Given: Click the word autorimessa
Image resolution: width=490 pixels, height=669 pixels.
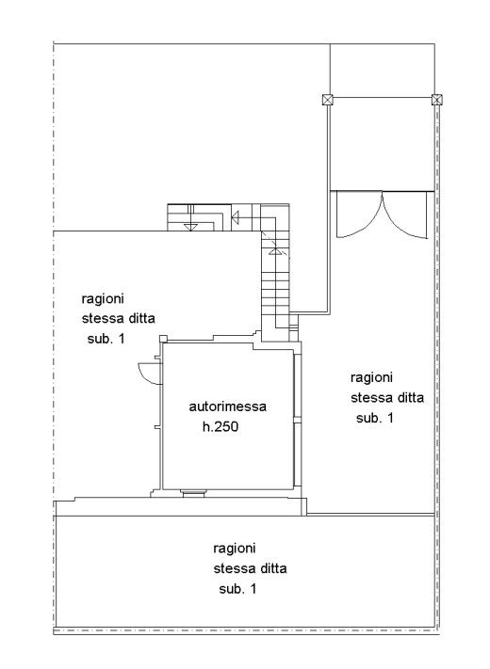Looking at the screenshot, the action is [227, 406].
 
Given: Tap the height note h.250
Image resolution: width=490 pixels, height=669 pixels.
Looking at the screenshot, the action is [220, 426].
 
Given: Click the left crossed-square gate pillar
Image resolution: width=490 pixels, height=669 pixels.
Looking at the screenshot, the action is [328, 100].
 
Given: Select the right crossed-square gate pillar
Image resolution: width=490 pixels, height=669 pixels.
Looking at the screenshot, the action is [436, 100].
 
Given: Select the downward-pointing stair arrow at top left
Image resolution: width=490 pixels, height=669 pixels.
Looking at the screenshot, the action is [190, 226].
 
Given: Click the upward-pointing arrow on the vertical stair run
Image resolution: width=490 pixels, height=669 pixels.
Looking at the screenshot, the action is [275, 251].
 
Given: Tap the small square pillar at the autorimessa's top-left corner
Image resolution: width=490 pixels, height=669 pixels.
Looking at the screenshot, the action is [163, 339].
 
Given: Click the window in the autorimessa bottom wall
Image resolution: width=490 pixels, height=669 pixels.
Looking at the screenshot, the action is [193, 494].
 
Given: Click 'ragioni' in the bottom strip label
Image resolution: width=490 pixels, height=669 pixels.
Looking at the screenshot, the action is [234, 549].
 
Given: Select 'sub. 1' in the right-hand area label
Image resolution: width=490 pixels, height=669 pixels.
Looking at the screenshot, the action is [375, 418].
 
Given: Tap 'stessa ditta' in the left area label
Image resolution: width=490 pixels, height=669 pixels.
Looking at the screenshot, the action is [119, 318].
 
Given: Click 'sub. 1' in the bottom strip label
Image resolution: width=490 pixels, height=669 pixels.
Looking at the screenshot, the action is [237, 589].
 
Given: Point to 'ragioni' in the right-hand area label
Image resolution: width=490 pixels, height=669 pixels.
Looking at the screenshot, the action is [371, 378].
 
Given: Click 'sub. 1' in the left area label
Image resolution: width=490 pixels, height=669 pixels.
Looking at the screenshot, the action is [106, 339].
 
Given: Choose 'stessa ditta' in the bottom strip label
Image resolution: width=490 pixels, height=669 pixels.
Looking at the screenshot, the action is [250, 568].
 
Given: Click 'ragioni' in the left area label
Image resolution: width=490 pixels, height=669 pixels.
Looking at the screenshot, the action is [103, 299].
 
